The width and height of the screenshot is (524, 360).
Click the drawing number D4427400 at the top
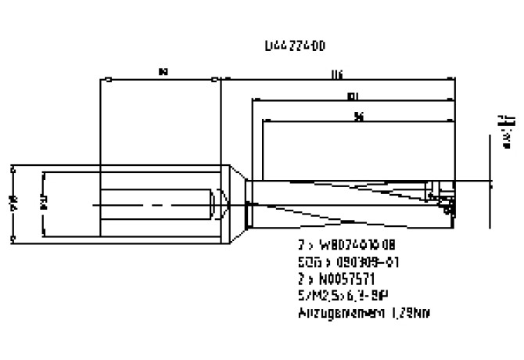pos(295,47)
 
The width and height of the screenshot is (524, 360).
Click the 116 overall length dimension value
pos(337,74)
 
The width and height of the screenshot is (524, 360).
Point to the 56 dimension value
pos(357,117)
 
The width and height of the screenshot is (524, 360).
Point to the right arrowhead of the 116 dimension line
pos(451,79)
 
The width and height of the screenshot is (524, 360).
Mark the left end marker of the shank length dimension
pos(102,79)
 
